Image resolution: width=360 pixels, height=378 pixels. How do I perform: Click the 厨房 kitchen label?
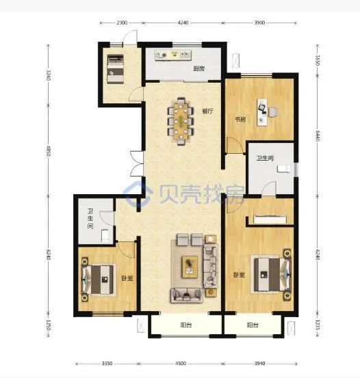[198, 69]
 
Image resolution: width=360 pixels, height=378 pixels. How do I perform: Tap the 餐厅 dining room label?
[207, 111]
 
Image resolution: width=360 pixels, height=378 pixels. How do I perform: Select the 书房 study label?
[240, 119]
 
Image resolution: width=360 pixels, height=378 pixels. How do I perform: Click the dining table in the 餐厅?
[181, 121]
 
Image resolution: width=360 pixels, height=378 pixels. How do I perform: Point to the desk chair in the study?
[273, 112]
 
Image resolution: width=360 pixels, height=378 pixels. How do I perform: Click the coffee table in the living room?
[190, 267]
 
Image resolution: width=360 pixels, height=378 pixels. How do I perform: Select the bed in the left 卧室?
[99, 280]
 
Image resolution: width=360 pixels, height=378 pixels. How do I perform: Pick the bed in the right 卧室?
[272, 274]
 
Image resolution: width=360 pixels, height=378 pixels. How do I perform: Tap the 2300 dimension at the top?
[122, 23]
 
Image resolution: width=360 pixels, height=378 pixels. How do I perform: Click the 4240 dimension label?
[183, 23]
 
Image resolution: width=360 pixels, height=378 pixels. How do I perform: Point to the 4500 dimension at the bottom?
[181, 363]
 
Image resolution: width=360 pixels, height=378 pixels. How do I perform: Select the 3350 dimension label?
[107, 363]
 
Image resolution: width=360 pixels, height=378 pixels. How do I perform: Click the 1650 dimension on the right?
[318, 60]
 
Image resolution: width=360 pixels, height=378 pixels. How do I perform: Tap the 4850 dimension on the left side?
[49, 151]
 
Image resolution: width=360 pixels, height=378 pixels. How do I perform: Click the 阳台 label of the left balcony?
[186, 325]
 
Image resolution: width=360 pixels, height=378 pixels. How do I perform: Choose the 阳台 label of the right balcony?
[253, 325]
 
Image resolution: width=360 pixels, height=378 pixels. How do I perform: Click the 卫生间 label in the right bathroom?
[265, 158]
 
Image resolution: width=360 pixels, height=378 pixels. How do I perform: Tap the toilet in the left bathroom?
[105, 236]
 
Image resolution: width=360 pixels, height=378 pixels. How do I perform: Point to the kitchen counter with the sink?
[173, 55]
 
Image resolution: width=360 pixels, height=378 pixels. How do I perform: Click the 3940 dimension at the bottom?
[259, 363]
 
